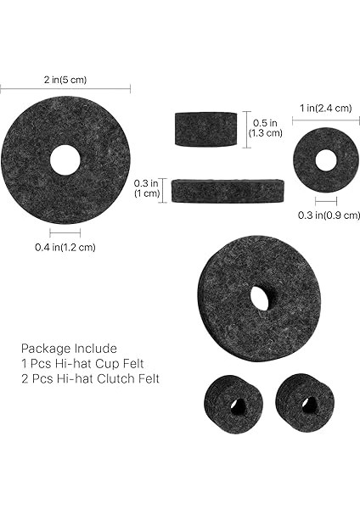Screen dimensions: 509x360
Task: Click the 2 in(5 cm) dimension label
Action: pos(65,80)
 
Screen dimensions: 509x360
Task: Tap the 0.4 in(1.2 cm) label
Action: pos(65,247)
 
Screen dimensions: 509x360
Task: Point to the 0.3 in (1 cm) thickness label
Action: pos(147,187)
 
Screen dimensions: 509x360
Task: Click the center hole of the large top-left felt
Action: pos(65,159)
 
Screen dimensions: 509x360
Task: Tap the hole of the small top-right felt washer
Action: pos(326,159)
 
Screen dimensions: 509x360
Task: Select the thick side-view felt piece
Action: pos(206,129)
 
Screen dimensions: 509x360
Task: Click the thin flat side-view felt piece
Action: pos(227,190)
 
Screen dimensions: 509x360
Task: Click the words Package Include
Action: pos(69,348)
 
